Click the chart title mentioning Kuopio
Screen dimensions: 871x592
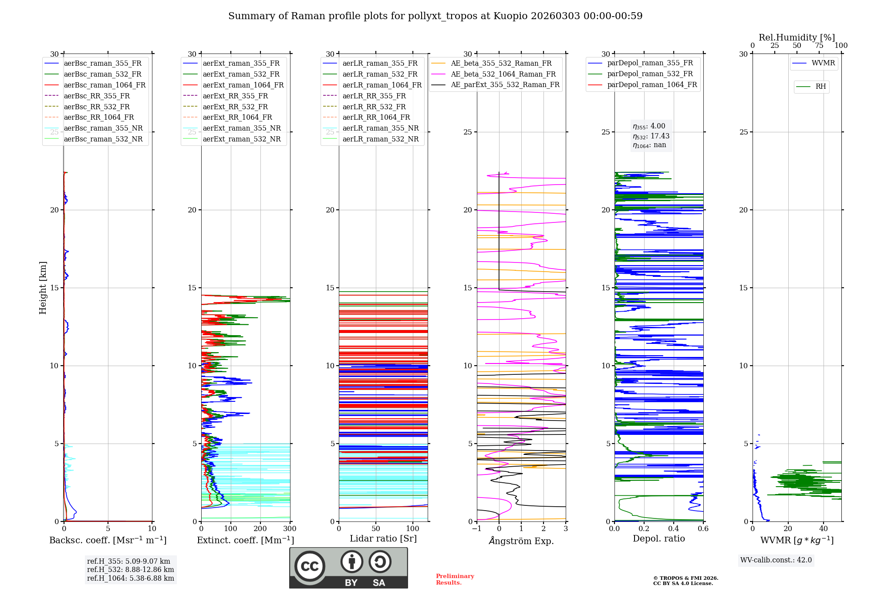435,16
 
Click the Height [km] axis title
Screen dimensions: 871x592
43,288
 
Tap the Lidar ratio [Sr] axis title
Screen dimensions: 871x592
383,538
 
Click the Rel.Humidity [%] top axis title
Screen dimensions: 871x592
797,37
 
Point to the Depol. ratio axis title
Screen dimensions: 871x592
659,538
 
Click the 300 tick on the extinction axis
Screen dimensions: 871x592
290,528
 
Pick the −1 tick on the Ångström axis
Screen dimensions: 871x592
477,528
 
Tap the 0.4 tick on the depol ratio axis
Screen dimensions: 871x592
674,528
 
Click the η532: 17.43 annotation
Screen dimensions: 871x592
651,136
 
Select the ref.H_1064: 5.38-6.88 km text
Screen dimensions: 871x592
131,578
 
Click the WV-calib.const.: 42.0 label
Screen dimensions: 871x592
776,560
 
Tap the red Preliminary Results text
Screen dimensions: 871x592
455,579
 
